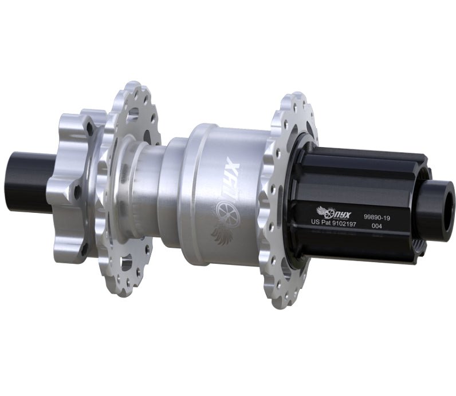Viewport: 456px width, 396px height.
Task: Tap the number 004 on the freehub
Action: pos(378,226)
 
